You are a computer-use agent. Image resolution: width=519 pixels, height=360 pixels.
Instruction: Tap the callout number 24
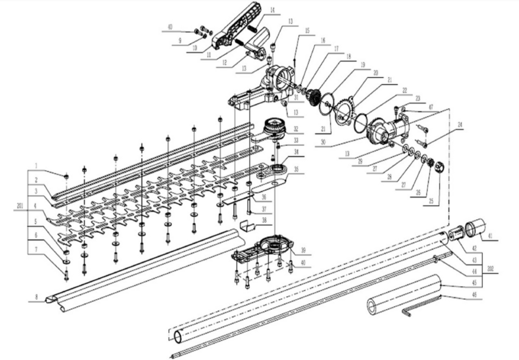(x=460, y=124)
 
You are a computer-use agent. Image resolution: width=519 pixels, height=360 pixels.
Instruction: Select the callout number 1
(x=36, y=165)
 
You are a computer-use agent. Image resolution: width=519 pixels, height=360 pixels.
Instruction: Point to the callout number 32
(x=296, y=128)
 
